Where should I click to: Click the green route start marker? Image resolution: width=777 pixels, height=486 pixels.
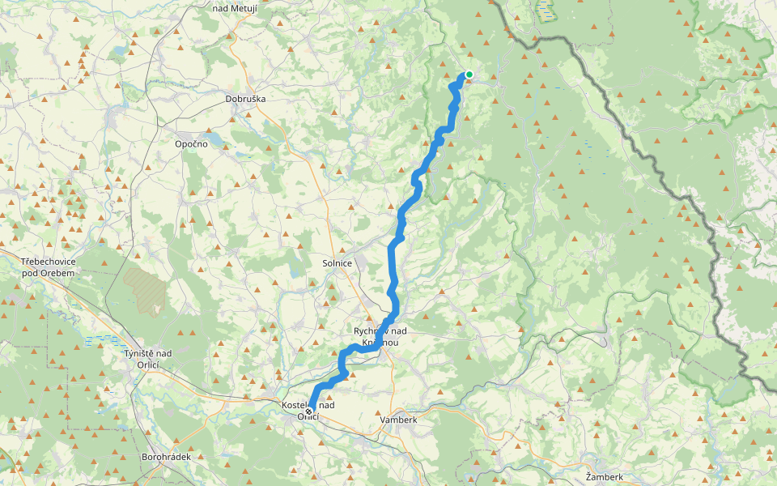(x=469, y=75)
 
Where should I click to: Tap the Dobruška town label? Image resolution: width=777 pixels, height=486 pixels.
(x=245, y=99)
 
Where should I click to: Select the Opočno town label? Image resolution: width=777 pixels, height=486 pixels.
(x=192, y=143)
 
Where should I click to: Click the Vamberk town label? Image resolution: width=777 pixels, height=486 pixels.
(x=398, y=420)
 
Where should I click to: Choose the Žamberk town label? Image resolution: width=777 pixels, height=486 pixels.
(x=605, y=477)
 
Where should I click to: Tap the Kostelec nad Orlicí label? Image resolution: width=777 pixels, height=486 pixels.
(x=307, y=410)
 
